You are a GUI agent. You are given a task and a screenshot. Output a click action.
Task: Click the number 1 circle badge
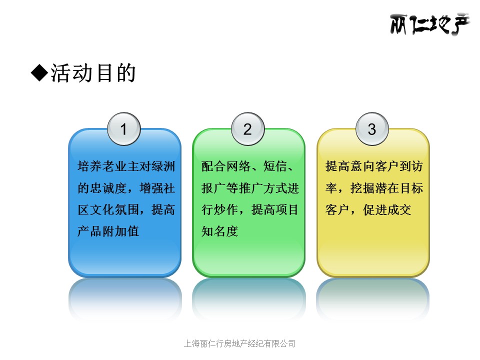coord(124,129)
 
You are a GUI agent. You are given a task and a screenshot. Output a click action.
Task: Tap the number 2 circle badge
coord(248,129)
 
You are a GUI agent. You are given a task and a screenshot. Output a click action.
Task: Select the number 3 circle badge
coord(372,129)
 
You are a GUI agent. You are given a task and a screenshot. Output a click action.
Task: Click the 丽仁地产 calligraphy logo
coord(430,24)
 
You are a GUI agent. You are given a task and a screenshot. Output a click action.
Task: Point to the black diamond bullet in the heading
coord(39,73)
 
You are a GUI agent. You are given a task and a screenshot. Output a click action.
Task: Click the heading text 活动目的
coord(93,73)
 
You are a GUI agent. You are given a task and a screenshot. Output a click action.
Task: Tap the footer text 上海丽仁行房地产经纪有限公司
coord(239,343)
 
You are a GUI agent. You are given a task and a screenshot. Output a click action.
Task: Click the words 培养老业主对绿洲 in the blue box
coord(126,166)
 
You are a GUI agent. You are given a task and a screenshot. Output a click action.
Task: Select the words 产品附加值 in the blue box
coord(108,231)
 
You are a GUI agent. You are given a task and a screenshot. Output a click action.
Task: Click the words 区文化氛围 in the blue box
coord(108,209)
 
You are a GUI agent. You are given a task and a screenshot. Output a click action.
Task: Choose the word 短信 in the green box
coord(275,166)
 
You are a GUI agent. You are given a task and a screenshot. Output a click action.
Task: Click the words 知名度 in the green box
coord(220,231)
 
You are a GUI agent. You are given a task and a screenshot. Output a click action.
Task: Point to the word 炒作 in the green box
coord(226,209)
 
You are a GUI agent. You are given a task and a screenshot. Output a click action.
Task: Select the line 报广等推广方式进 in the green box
coord(250,188)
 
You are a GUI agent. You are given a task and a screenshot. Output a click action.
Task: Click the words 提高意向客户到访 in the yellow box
coord(374,166)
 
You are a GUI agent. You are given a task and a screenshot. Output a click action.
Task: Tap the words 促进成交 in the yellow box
coord(387,209)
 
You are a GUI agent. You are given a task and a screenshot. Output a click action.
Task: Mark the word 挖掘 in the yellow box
coord(362,188)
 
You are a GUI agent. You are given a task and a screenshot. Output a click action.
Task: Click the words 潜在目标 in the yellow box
coord(399,188)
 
